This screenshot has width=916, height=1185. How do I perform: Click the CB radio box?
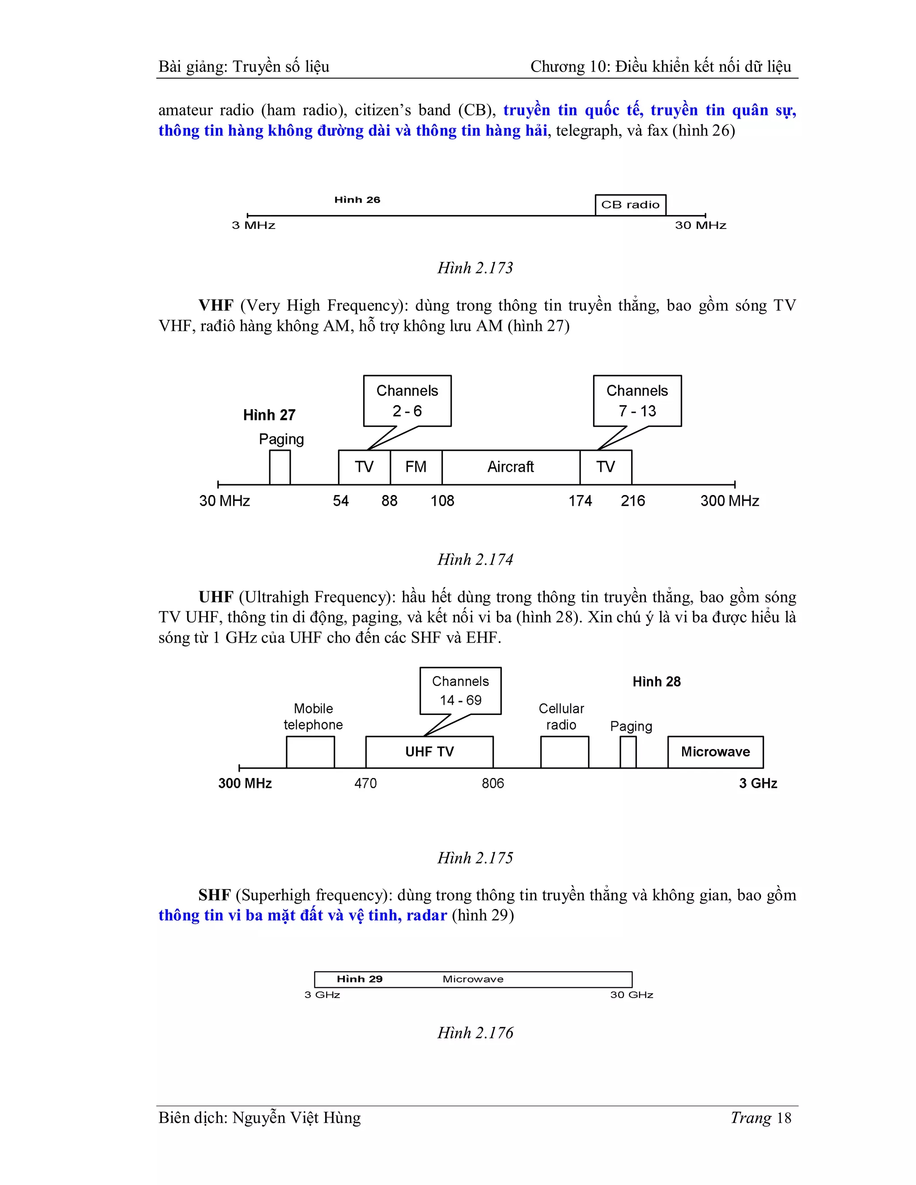click(630, 204)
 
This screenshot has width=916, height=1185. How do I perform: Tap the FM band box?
click(416, 466)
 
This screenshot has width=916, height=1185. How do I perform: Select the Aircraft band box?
click(511, 466)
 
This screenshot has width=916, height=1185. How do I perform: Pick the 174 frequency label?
click(580, 501)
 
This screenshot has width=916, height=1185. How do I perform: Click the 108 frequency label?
click(442, 501)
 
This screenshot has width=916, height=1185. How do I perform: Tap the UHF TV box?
click(429, 752)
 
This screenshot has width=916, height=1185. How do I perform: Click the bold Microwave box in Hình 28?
click(715, 752)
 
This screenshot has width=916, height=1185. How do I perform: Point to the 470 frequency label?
click(365, 783)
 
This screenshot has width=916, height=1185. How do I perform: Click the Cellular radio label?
click(561, 716)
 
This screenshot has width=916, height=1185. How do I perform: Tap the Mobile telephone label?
click(313, 716)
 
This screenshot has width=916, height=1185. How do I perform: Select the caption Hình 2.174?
click(475, 559)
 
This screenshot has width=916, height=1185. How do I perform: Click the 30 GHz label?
click(631, 995)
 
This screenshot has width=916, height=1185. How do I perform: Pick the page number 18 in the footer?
click(784, 1118)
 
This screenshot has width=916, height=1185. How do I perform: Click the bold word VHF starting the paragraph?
click(216, 305)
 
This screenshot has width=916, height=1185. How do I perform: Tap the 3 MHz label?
click(254, 225)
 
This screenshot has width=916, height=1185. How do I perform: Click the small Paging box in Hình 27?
click(280, 467)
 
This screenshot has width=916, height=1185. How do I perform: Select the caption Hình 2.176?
click(475, 1033)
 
